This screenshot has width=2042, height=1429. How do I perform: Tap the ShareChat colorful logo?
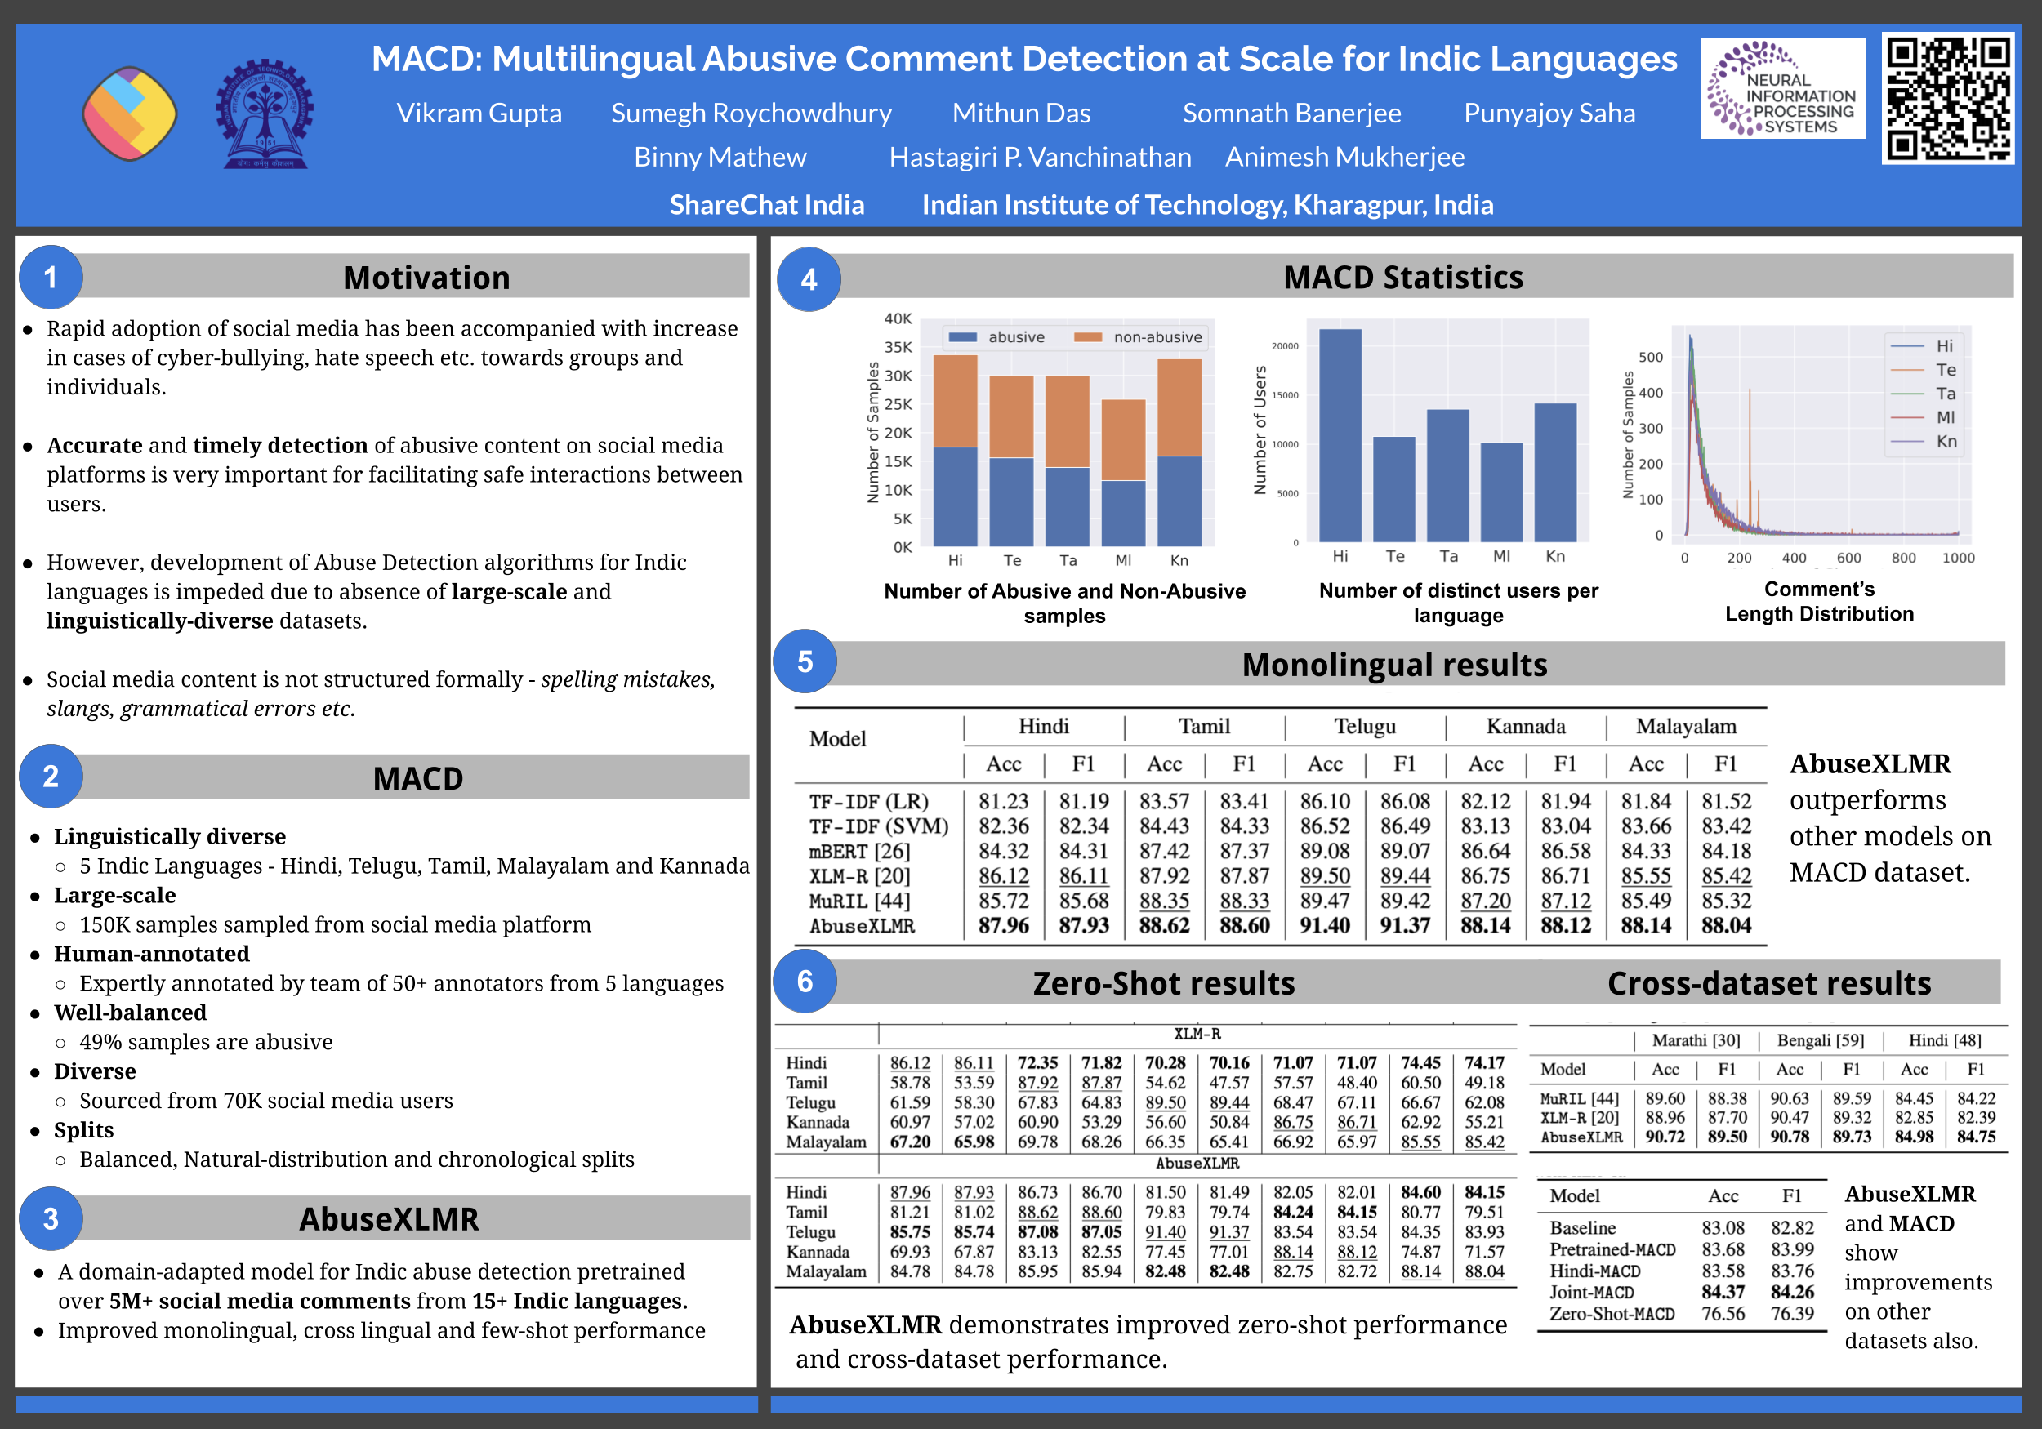pyautogui.click(x=130, y=114)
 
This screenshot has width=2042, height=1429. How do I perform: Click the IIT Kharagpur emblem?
pyautogui.click(x=264, y=114)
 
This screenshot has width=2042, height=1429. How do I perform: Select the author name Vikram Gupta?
pyautogui.click(x=479, y=114)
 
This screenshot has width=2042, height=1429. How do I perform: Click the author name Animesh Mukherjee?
pyautogui.click(x=1344, y=158)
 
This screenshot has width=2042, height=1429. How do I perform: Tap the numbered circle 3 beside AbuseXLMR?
pyautogui.click(x=51, y=1218)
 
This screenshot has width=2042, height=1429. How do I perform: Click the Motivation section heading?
pyautogui.click(x=426, y=278)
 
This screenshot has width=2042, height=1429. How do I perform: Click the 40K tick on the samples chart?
pyautogui.click(x=898, y=318)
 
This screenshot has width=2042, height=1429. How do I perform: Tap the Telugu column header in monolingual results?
pyautogui.click(x=1364, y=727)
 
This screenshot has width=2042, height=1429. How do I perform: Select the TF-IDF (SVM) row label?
pyautogui.click(x=878, y=826)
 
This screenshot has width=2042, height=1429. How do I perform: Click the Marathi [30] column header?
pyautogui.click(x=1695, y=1040)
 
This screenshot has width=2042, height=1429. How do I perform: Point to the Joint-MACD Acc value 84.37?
pyautogui.click(x=1723, y=1292)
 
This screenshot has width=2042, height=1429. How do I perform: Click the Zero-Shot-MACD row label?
pyautogui.click(x=1612, y=1315)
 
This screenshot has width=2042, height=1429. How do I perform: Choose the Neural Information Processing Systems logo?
pyautogui.click(x=1782, y=89)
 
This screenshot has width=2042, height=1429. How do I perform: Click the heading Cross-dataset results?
pyautogui.click(x=1769, y=983)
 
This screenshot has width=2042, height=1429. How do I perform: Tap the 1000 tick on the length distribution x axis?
pyautogui.click(x=1958, y=559)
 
